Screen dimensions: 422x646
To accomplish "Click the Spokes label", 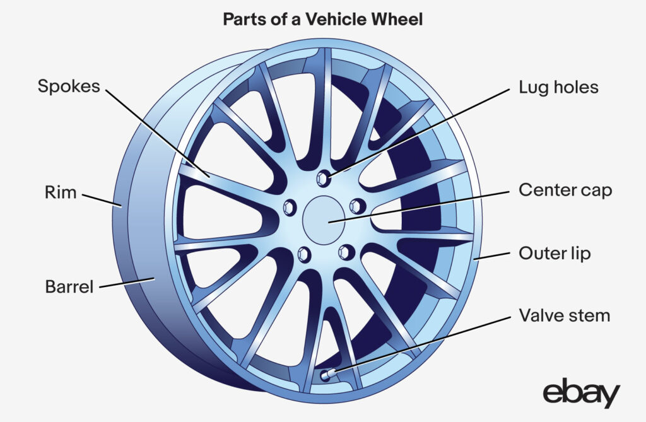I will point(69,86).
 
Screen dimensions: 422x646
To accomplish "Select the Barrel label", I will point(69,286).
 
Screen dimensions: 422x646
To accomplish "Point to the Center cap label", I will point(565,189).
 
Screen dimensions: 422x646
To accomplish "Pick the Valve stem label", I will point(564,315).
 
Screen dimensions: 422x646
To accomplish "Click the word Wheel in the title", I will point(399,20).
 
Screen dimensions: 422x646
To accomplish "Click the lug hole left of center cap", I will point(291,206).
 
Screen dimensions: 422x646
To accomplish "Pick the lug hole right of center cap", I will point(356,206).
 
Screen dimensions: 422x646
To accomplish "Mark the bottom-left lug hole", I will point(303,253).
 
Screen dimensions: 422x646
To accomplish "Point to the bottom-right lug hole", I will point(344,252).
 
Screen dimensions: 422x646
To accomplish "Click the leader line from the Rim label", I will point(101,199).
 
